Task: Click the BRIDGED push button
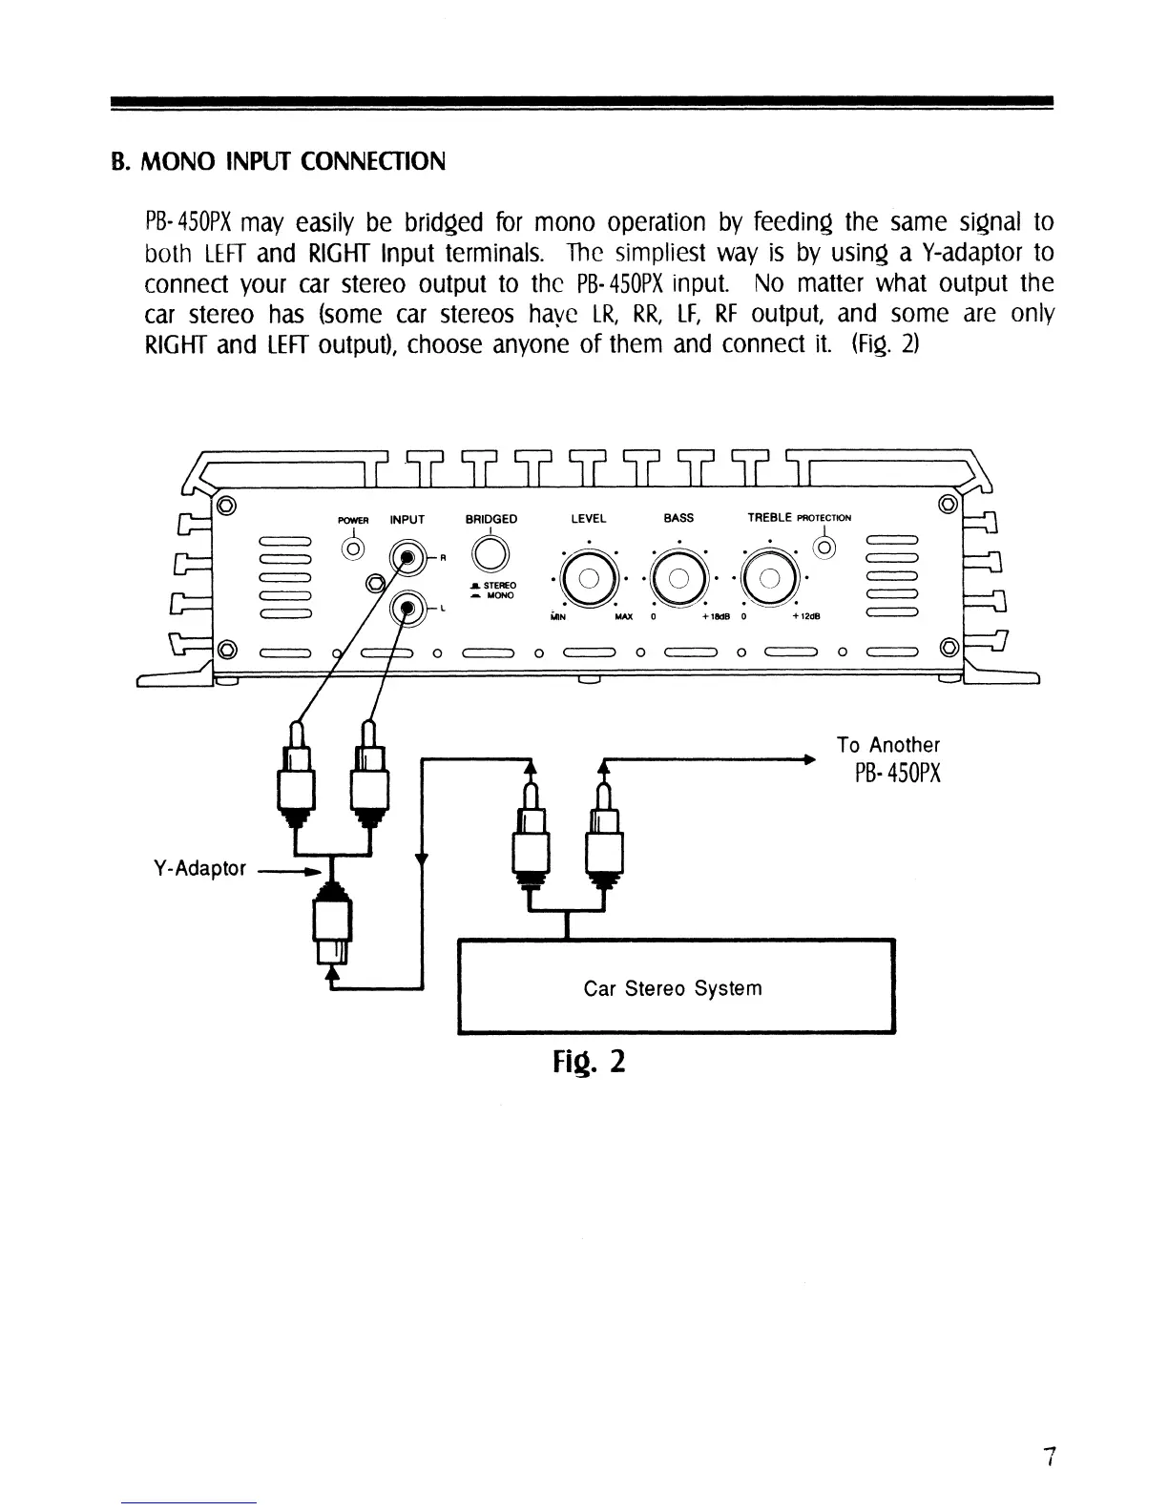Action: tap(490, 553)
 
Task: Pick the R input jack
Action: tap(407, 559)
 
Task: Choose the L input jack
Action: tap(407, 607)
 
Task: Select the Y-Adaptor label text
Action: tap(199, 869)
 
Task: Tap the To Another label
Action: tap(887, 745)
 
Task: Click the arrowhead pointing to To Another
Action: tap(808, 760)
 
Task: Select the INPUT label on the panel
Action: tap(407, 520)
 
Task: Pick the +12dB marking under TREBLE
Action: tap(806, 615)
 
